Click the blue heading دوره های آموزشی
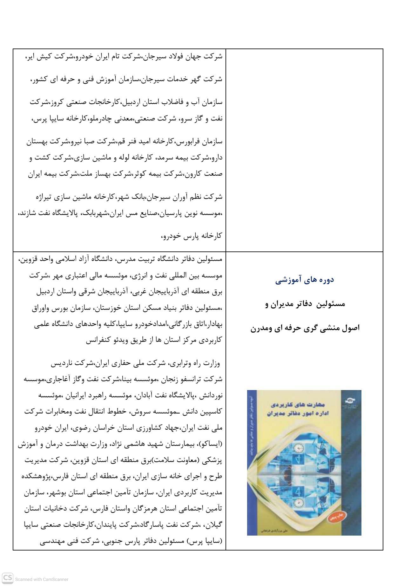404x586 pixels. pyautogui.click(x=304, y=280)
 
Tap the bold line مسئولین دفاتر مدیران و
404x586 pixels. pyautogui.click(x=305, y=304)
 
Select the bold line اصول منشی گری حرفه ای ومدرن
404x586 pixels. pyautogui.click(x=305, y=328)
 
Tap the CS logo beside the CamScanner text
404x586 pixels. pyautogui.click(x=8, y=578)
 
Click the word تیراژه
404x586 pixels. pyautogui.click(x=44, y=197)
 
